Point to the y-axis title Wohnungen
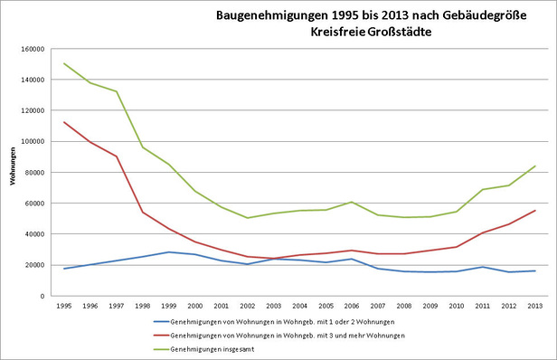(14, 171)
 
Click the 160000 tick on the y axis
(33, 49)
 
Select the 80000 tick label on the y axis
(34, 172)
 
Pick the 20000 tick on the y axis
(34, 265)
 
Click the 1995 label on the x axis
(64, 307)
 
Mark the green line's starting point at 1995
(64, 63)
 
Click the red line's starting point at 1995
(64, 122)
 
